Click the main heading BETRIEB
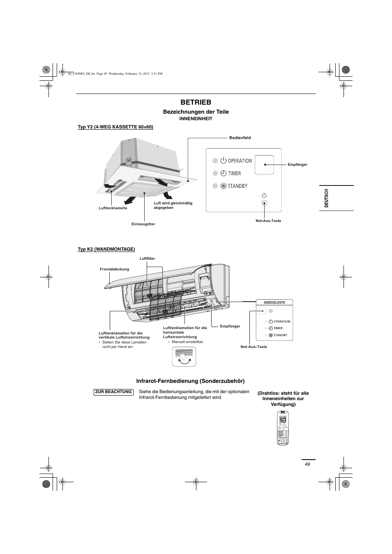click(196, 102)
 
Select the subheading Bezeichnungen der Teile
click(196, 112)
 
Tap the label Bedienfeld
click(240, 138)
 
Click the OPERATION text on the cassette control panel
click(240, 161)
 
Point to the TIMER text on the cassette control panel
click(234, 174)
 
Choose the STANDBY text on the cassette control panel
click(238, 186)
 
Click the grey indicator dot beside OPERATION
click(215, 161)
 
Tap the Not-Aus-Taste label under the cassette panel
click(268, 221)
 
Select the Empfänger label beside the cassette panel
click(297, 165)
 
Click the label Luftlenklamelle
click(113, 208)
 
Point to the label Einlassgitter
click(143, 224)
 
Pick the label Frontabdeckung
click(114, 269)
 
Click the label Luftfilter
click(147, 259)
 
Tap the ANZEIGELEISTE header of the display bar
click(271, 302)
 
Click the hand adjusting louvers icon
click(184, 356)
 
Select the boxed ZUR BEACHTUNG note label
click(113, 392)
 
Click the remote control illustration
click(283, 428)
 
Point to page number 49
click(307, 464)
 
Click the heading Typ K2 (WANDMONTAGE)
click(106, 249)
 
